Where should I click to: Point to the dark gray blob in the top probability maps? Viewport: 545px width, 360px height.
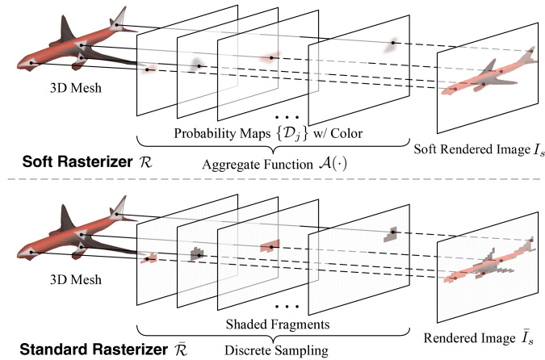point(196,63)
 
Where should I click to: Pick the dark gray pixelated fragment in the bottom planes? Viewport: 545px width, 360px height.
point(195,255)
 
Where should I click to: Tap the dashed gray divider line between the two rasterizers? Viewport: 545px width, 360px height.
point(272,178)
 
